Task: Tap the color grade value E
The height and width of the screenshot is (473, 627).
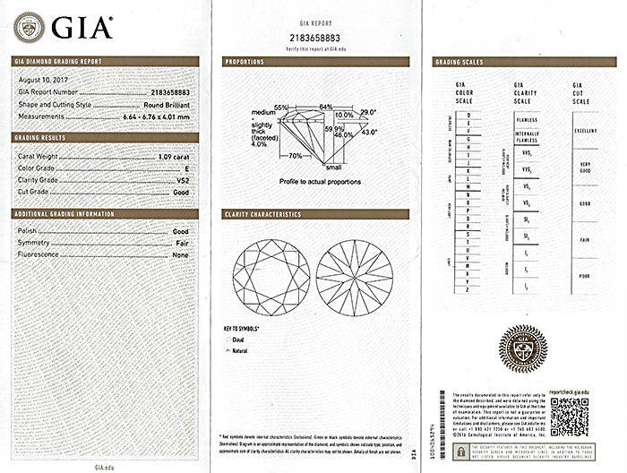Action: [x=186, y=167]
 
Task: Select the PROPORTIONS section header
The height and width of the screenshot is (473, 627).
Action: [x=245, y=63]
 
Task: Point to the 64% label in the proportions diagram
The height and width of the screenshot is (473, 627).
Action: [x=325, y=107]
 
